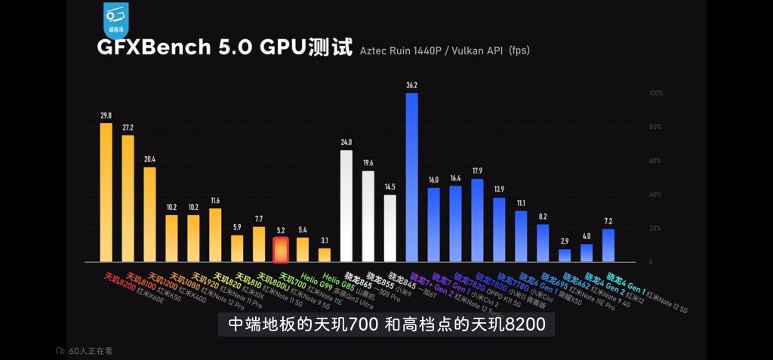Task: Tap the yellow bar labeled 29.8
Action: (106, 192)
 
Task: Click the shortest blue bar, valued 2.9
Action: (565, 255)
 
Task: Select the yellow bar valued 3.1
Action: (324, 254)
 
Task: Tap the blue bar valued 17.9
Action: (477, 220)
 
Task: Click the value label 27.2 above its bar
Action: (128, 128)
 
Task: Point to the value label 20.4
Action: (149, 159)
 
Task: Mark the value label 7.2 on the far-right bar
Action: (608, 221)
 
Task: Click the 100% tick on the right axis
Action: (656, 93)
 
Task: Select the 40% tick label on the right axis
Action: (656, 194)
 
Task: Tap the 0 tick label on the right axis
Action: (650, 262)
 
